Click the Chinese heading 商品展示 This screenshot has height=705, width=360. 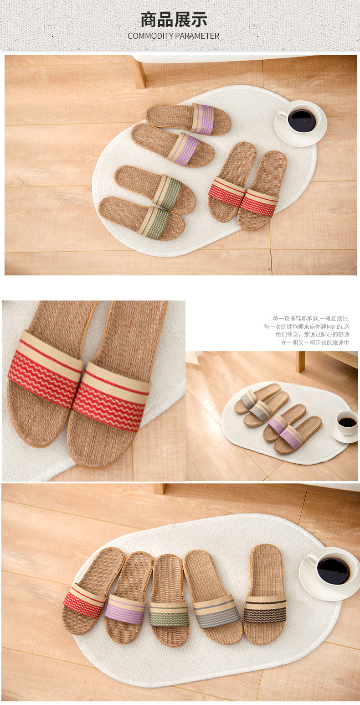(174, 20)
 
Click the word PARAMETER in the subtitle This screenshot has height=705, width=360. (197, 36)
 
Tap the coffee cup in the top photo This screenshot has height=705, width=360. (301, 120)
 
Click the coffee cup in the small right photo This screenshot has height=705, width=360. (347, 422)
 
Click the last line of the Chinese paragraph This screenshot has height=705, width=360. (315, 342)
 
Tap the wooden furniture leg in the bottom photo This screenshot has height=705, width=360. (160, 489)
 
